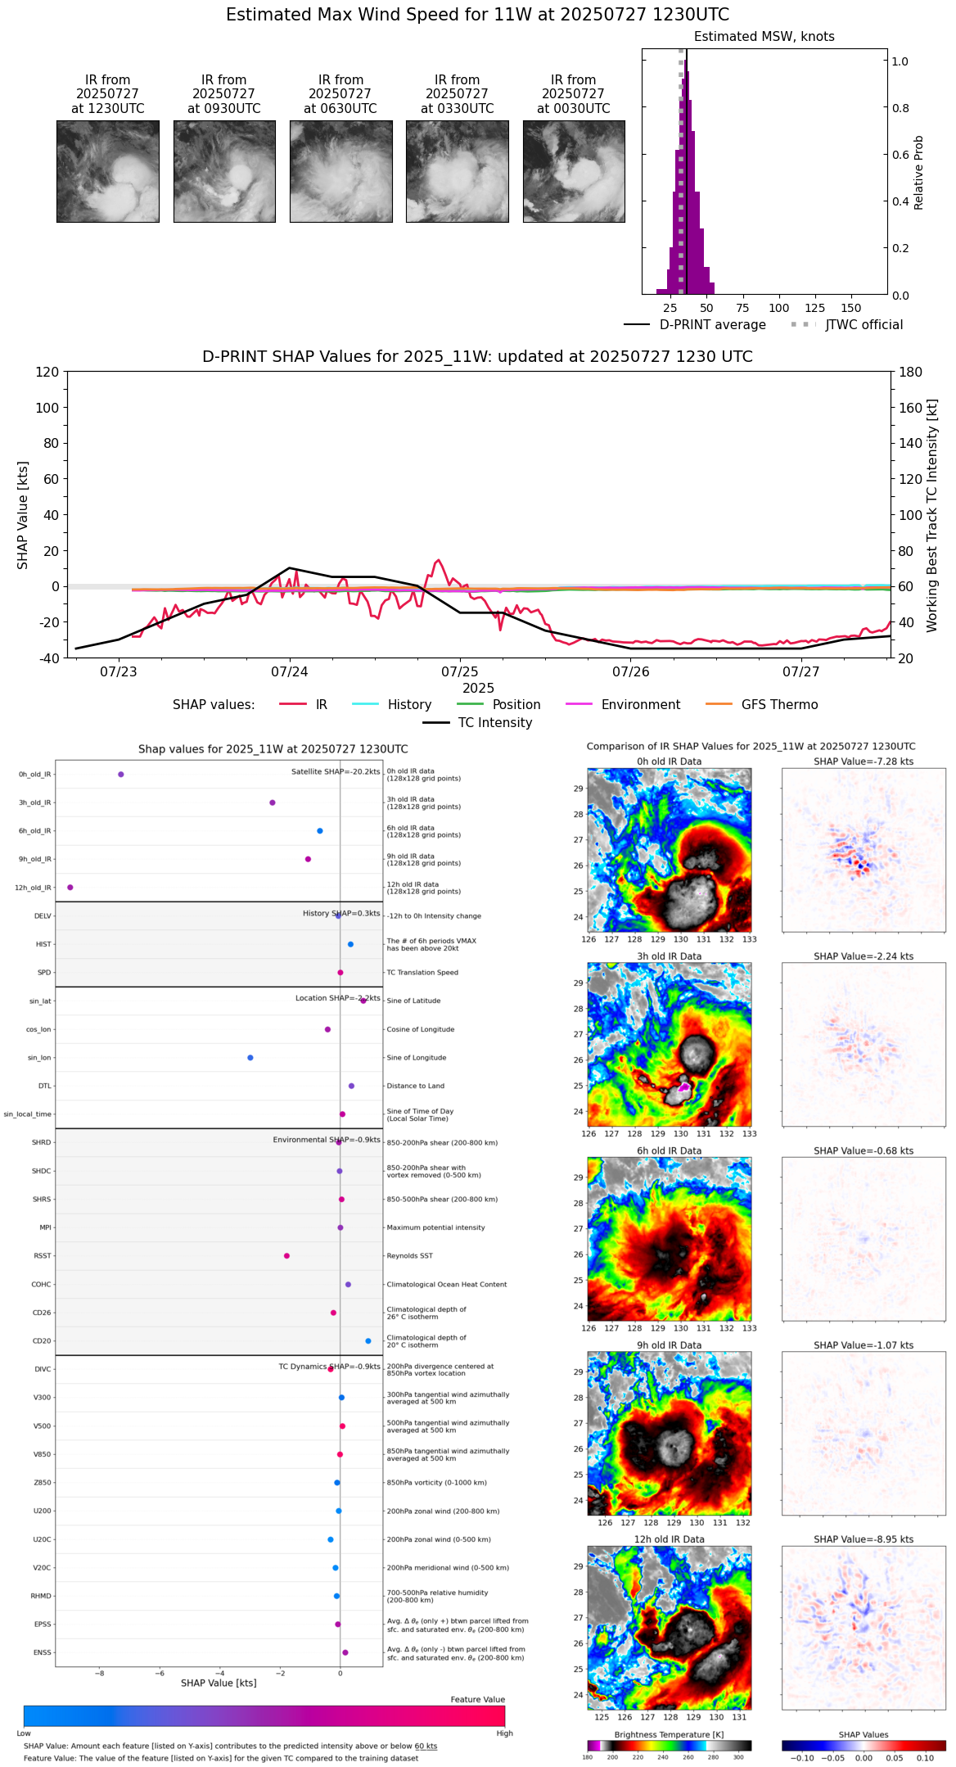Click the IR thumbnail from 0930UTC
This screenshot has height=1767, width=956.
click(x=224, y=171)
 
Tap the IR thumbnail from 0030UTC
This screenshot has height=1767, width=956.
click(x=574, y=171)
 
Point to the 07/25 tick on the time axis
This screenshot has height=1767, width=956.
click(x=460, y=671)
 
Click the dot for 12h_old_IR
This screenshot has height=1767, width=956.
click(x=70, y=888)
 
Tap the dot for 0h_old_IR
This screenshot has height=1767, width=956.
click(x=121, y=775)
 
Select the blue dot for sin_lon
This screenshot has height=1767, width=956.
click(x=250, y=1058)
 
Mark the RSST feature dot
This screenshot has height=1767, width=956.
click(x=286, y=1256)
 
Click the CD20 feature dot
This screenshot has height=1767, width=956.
click(x=368, y=1341)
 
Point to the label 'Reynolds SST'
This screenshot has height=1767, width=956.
click(x=409, y=1256)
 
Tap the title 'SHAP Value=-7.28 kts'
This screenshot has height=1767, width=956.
click(x=864, y=761)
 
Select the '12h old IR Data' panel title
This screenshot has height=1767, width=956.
click(x=669, y=1539)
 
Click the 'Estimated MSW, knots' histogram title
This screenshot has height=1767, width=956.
click(x=764, y=37)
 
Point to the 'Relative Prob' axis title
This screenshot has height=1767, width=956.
click(x=919, y=172)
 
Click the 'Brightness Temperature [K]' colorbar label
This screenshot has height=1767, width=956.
click(x=669, y=1734)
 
